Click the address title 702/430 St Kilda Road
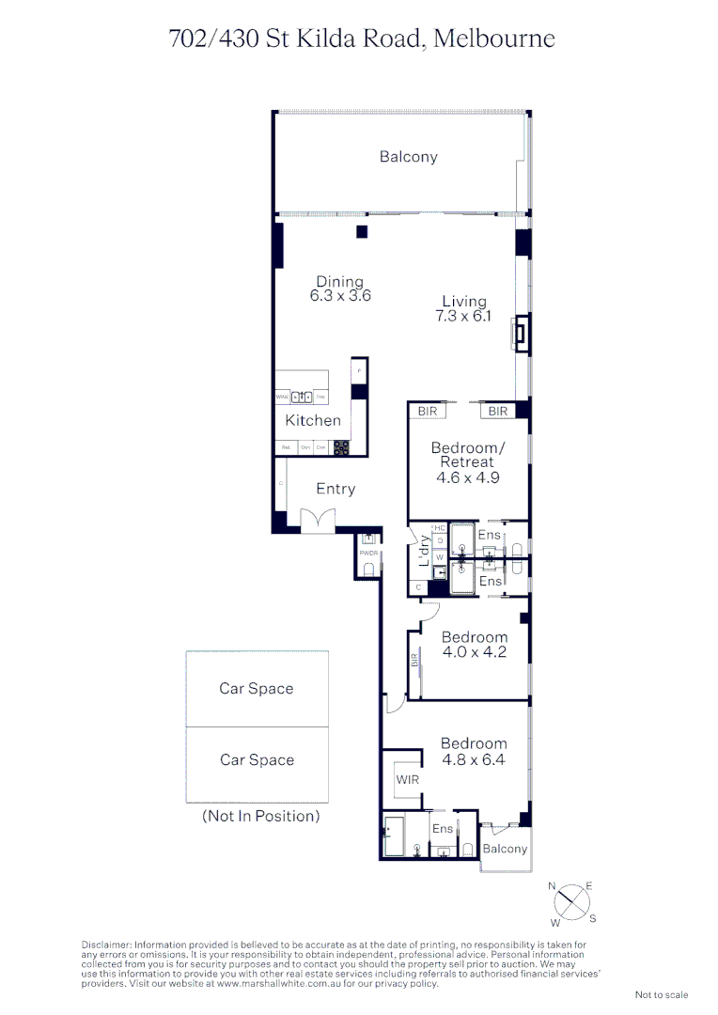pos(362,39)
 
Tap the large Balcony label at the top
pos(408,157)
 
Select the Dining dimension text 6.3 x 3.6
pos(340,295)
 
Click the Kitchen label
pos(313,420)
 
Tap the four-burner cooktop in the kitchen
pos(341,447)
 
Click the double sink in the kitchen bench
pos(303,397)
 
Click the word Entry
pos(336,489)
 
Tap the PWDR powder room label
pos(368,554)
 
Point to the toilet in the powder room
pos(368,570)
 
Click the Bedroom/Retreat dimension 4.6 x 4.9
pos(467,477)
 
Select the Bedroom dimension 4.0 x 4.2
pos(474,651)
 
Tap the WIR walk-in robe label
pos(407,780)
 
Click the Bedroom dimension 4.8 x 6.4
pos(474,759)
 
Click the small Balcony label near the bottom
pos(505,849)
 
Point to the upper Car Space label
pos(257,689)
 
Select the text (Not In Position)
pos(260,816)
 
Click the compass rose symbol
pos(571,903)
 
